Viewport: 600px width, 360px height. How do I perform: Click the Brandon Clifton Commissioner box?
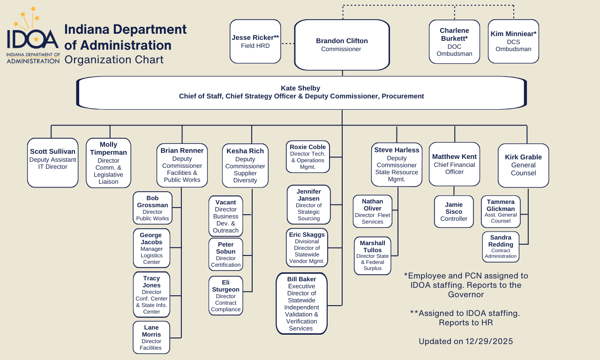tap(342, 45)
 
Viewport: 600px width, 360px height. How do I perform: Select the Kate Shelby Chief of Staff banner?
tap(301, 92)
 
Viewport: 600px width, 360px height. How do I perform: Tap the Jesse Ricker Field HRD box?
tap(255, 41)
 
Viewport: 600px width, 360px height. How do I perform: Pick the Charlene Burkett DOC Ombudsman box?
tap(454, 41)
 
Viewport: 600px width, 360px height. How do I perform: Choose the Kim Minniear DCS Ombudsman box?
tap(513, 41)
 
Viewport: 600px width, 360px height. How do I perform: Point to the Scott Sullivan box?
tap(52, 162)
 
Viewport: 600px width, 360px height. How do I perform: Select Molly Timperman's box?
tap(108, 163)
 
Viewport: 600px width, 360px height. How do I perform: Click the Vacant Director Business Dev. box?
tap(225, 216)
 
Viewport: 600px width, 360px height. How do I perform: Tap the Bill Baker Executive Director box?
tap(301, 304)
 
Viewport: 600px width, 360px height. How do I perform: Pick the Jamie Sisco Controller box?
tap(454, 211)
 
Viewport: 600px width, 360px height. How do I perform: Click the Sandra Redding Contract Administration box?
tap(501, 247)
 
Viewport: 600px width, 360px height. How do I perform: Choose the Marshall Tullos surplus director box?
tap(372, 255)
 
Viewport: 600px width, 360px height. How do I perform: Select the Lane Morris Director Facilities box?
tap(151, 337)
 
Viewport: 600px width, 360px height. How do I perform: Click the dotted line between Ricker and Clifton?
tap(287, 44)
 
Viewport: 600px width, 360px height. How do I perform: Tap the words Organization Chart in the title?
tap(114, 60)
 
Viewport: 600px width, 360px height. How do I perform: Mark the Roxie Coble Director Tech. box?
tap(307, 157)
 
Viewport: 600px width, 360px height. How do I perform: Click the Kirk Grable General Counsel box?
tap(523, 165)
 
